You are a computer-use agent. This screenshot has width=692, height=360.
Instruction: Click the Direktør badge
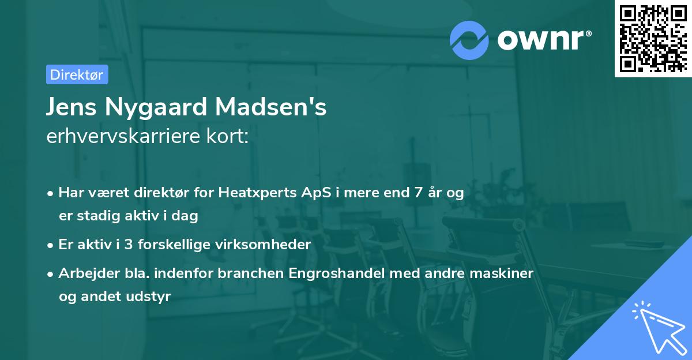pyautogui.click(x=77, y=74)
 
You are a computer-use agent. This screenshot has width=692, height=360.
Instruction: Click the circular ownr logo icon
pyautogui.click(x=469, y=40)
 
